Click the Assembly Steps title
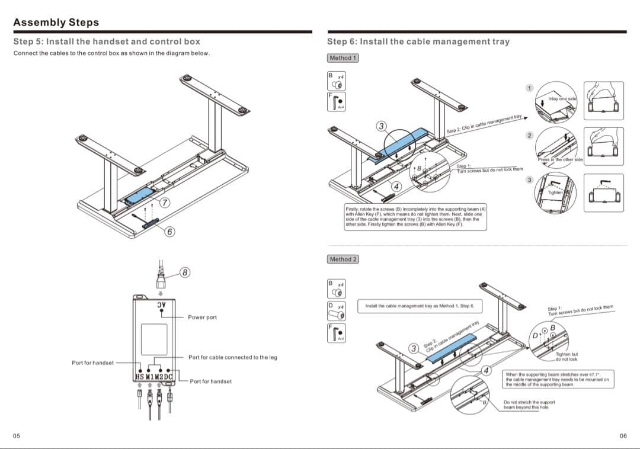(x=56, y=23)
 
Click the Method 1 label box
(x=343, y=58)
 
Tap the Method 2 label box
(x=343, y=259)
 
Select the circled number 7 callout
(x=167, y=203)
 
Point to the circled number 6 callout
(x=169, y=231)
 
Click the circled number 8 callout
(x=185, y=273)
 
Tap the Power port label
(x=202, y=317)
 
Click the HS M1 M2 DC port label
(x=154, y=376)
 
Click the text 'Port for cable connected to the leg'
(x=232, y=357)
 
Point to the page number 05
(x=17, y=436)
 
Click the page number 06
(x=623, y=436)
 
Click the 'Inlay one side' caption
(x=562, y=98)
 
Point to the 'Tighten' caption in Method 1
(x=555, y=193)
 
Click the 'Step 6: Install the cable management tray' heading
(x=418, y=41)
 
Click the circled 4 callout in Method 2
(x=488, y=371)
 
